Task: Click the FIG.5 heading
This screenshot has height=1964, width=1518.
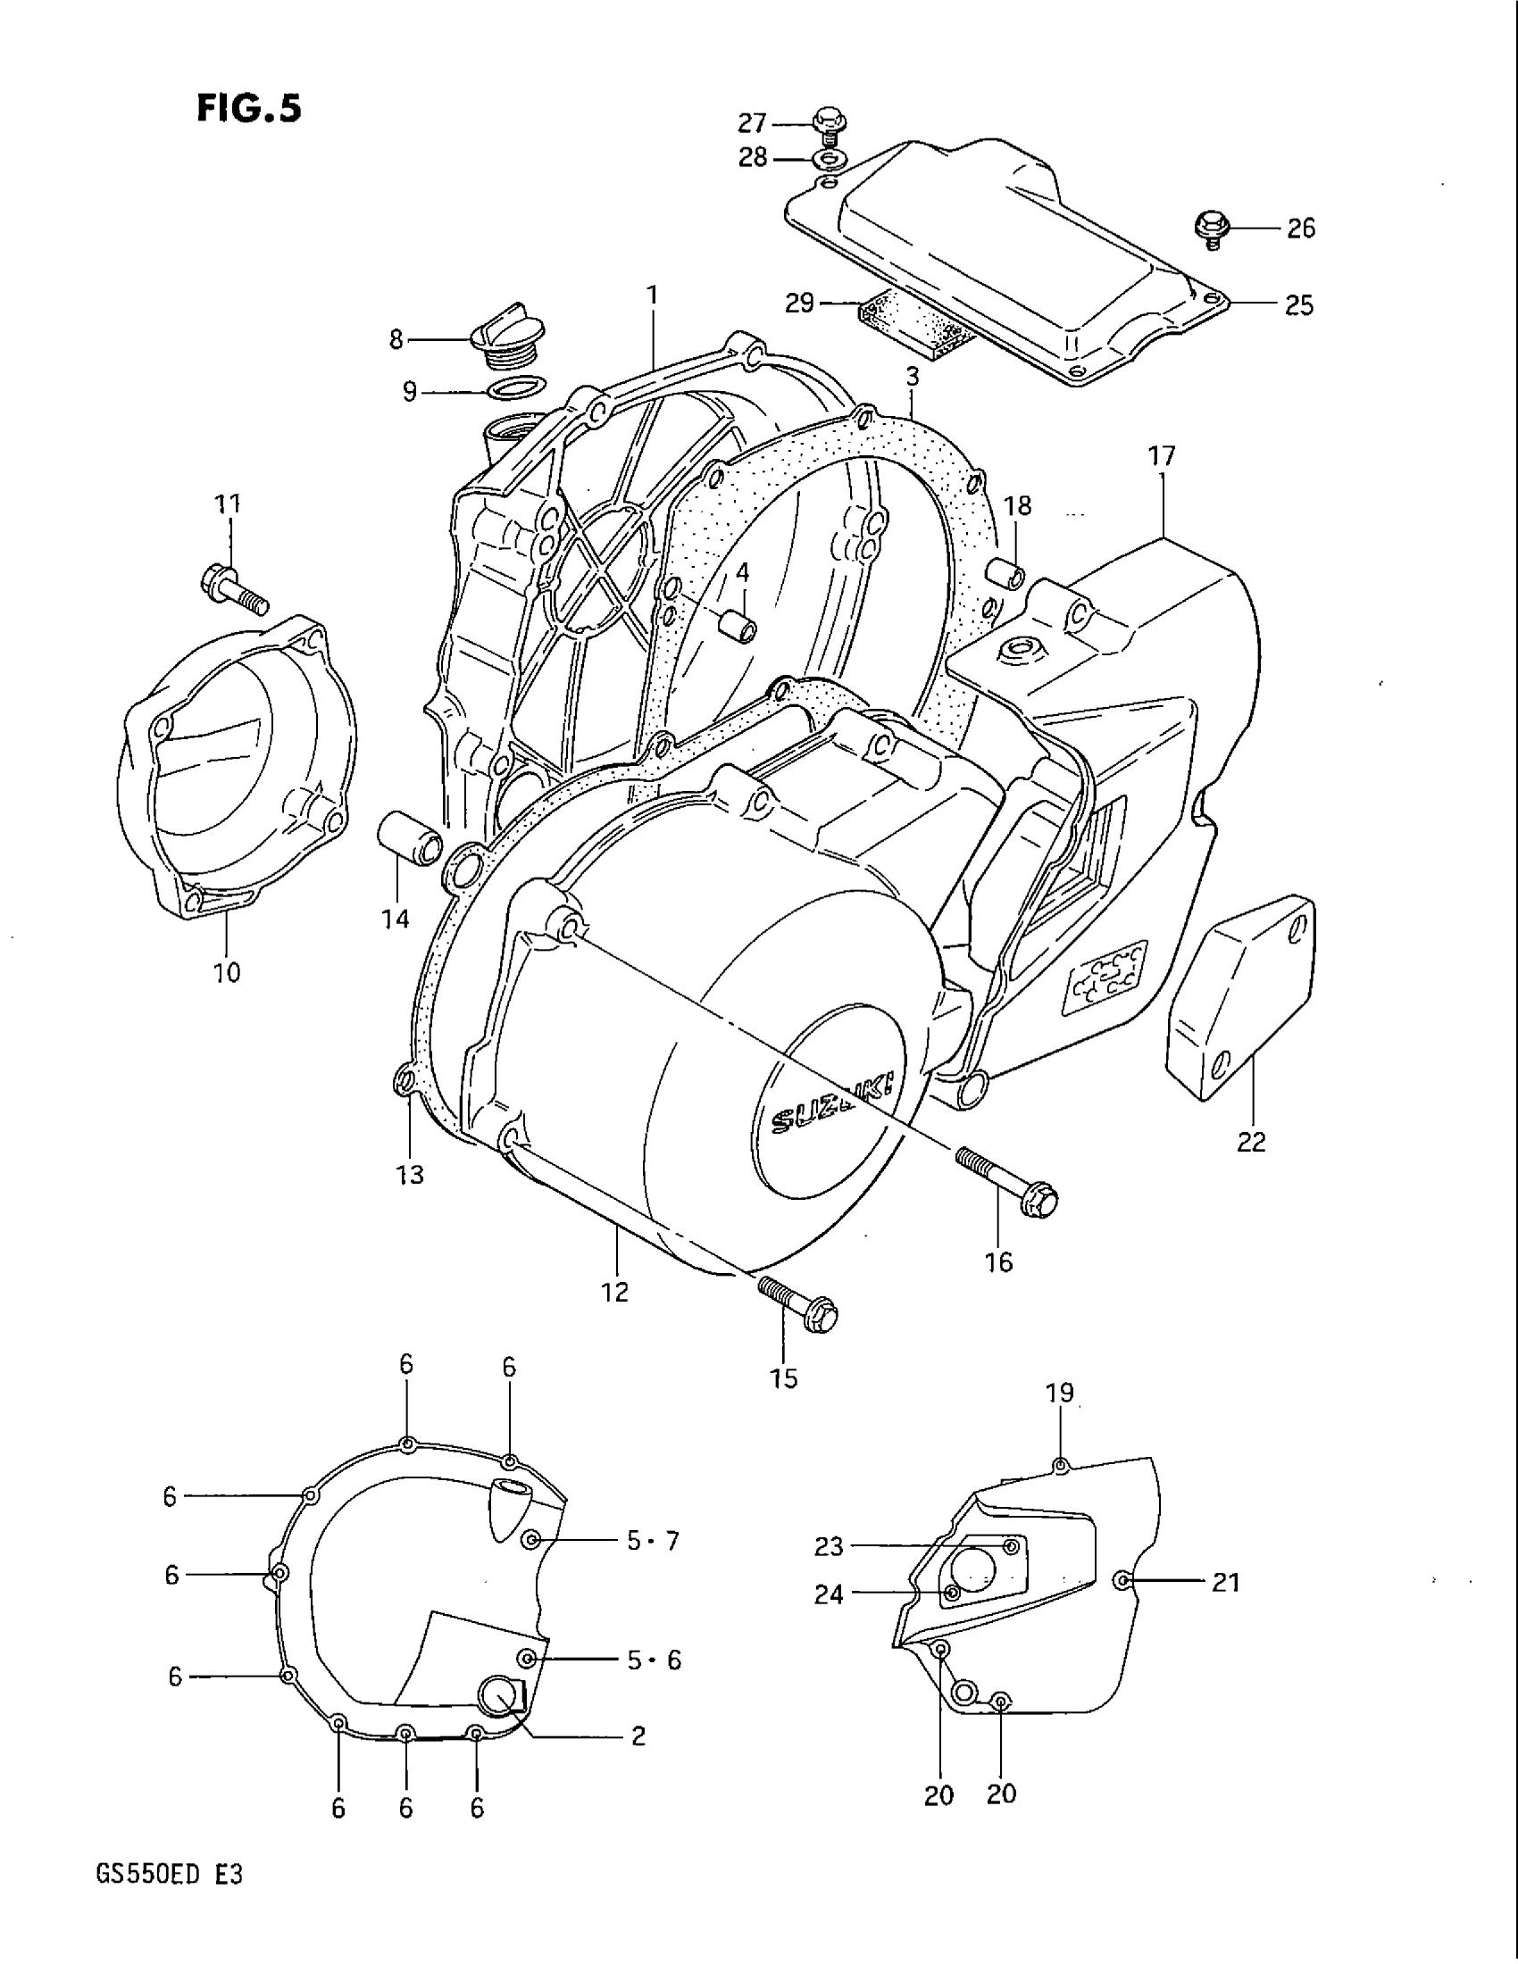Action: click(247, 108)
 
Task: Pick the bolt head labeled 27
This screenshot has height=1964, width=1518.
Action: click(825, 121)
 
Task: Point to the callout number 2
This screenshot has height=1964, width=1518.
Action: click(638, 1735)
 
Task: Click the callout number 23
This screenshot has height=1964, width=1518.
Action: click(829, 1546)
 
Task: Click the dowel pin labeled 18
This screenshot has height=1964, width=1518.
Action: click(1005, 574)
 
